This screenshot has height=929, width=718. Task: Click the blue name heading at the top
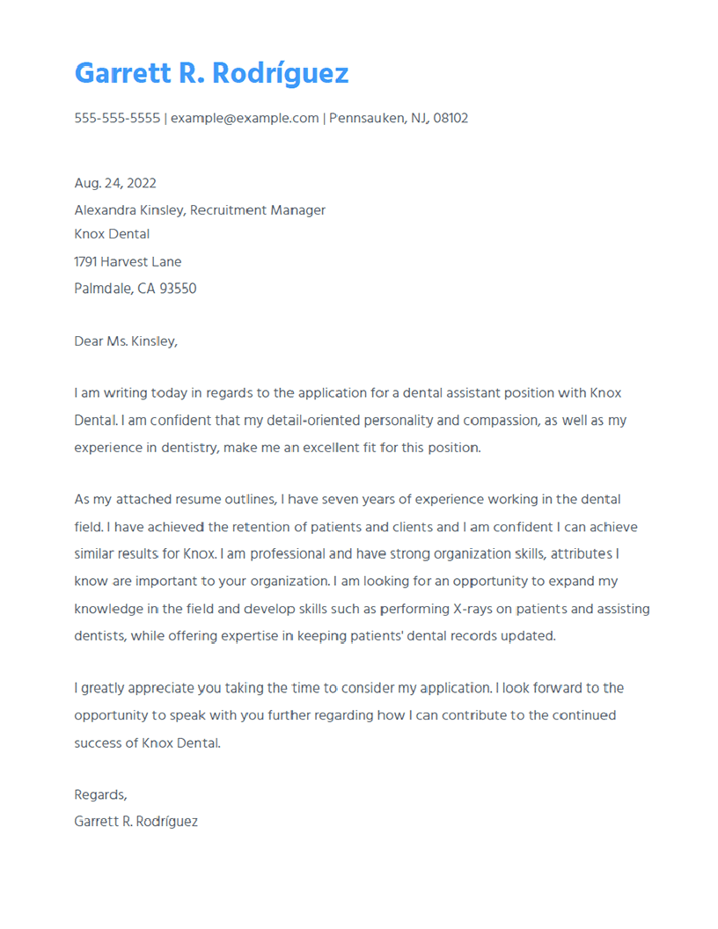[x=211, y=73]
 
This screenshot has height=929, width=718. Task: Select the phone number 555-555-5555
[x=117, y=118]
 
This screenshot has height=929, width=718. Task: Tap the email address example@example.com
[x=245, y=118]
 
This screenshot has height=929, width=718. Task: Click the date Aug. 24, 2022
[x=115, y=183]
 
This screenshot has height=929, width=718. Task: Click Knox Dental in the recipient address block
[x=112, y=234]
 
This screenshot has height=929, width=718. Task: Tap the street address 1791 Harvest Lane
[x=128, y=261]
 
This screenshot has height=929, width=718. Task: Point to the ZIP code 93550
[x=179, y=289]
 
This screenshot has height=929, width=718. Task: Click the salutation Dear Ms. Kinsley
[x=126, y=341]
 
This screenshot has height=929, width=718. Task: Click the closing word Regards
[x=100, y=794]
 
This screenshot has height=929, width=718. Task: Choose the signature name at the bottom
[x=136, y=822]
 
